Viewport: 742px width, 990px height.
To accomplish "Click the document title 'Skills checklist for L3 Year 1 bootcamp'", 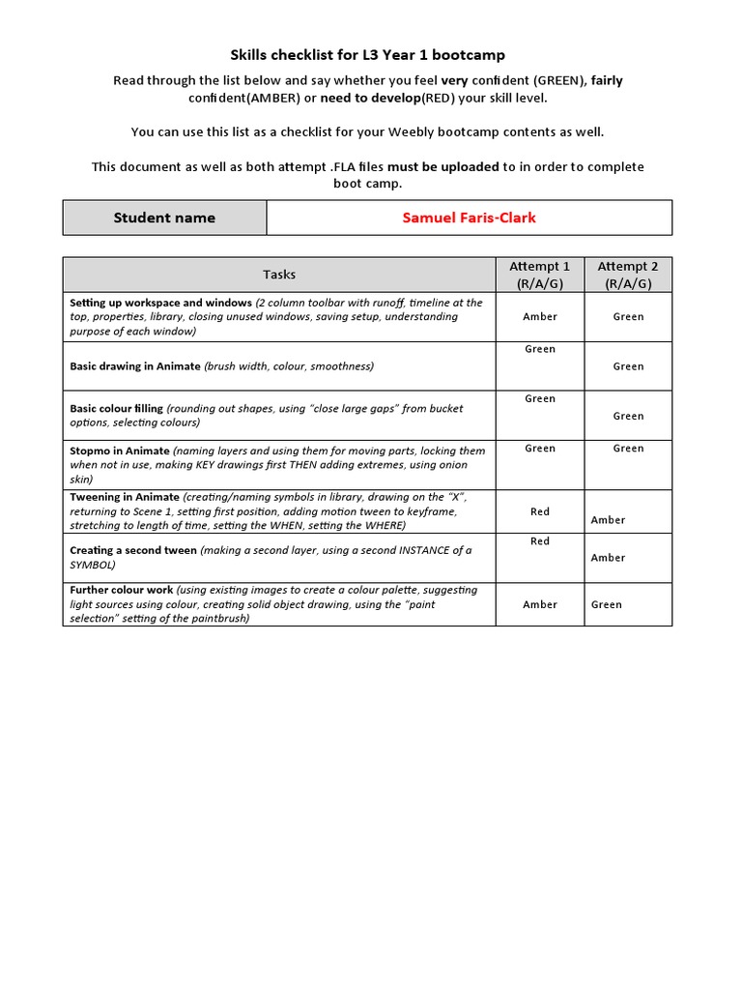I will click(x=367, y=55).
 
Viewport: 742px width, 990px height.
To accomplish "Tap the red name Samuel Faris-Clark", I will click(x=469, y=218).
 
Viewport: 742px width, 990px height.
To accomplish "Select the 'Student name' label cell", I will click(x=164, y=218).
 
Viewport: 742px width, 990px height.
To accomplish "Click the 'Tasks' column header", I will click(x=279, y=275).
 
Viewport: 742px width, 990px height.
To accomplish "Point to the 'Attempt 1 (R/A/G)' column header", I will click(x=539, y=275).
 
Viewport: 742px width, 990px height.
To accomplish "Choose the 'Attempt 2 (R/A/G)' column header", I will click(x=628, y=275).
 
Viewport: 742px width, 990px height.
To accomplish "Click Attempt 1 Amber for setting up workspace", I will click(x=540, y=316).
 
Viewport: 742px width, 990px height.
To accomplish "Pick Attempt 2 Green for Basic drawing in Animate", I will click(x=628, y=366).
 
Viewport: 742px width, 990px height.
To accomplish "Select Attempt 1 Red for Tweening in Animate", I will click(x=540, y=511).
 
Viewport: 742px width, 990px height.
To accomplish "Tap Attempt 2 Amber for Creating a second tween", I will click(x=608, y=558).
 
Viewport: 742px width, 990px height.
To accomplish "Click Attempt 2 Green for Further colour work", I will click(x=607, y=604).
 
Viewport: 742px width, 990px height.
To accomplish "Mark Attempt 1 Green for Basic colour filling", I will click(x=540, y=398).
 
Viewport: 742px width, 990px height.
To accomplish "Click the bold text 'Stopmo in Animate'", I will click(x=119, y=451).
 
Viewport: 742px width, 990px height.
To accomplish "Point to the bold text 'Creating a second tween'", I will click(x=132, y=550).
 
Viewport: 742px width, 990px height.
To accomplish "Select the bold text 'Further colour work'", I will click(x=122, y=590).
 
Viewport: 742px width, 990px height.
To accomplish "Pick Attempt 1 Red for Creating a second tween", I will click(x=540, y=541).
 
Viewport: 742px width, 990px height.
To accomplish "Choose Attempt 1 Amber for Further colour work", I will click(x=540, y=604).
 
